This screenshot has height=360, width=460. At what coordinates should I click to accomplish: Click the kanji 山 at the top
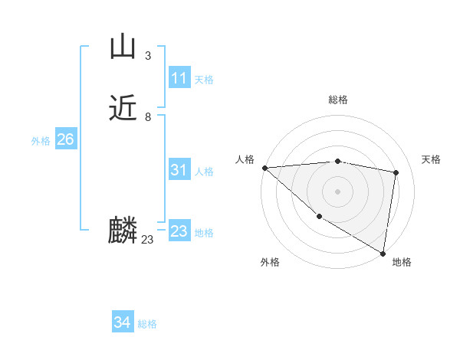[123, 47]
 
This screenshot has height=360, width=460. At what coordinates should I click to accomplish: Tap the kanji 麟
[123, 230]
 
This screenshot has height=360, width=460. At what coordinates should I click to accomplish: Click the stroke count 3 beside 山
[147, 56]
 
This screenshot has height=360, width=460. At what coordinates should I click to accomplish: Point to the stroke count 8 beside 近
[147, 117]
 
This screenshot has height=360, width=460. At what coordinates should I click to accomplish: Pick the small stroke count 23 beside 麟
[147, 240]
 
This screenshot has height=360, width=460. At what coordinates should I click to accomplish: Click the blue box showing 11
[179, 78]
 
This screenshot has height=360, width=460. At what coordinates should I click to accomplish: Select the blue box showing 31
[179, 171]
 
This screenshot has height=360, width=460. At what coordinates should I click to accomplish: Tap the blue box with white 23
[179, 231]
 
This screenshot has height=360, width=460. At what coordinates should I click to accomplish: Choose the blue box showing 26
[65, 139]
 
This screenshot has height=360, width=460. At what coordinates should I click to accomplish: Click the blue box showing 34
[122, 323]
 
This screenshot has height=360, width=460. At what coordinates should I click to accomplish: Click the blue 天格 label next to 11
[204, 80]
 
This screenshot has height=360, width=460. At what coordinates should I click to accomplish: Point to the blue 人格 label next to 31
[204, 172]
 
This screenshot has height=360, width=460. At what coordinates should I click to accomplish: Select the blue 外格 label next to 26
[41, 141]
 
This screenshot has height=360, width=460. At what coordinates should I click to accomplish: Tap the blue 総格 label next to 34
[147, 325]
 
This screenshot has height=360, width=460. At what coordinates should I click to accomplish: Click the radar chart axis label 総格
[338, 100]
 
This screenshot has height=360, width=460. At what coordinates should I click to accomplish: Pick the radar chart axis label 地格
[402, 263]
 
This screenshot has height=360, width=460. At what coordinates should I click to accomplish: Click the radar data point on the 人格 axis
[264, 168]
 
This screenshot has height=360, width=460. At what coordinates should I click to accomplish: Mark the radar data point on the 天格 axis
[396, 172]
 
